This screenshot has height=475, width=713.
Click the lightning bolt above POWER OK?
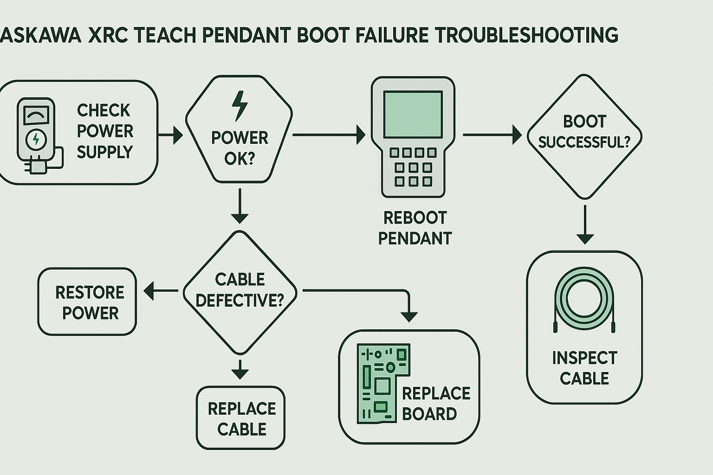point(240,106)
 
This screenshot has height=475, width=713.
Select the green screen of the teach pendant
point(413,114)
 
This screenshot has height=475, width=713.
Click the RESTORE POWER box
point(87,302)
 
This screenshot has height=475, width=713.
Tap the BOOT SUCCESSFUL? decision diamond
point(584,136)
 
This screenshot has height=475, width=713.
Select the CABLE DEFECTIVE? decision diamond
point(240,292)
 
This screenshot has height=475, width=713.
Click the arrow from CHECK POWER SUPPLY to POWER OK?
point(171,135)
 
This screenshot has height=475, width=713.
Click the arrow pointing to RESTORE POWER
point(161,291)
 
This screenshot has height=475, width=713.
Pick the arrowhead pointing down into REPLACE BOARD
point(408,315)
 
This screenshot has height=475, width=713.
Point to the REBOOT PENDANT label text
point(415,228)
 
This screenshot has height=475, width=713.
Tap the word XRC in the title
point(108,36)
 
